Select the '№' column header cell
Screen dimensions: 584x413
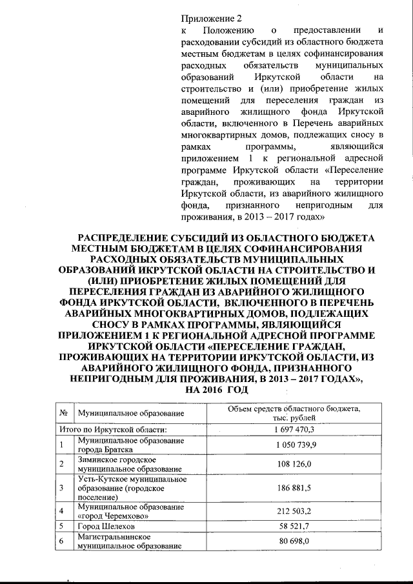pos(63,412)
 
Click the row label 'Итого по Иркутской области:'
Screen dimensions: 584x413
pos(114,428)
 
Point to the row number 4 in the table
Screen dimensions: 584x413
pos(61,512)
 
